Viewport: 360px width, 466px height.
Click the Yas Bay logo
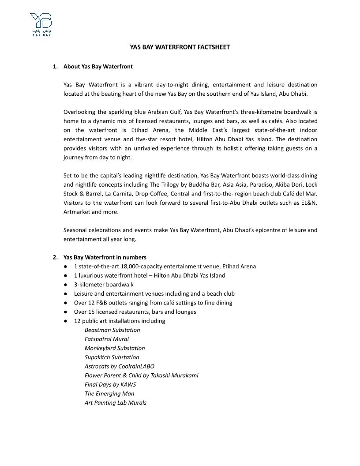point(41,24)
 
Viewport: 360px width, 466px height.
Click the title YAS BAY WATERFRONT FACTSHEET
point(180,47)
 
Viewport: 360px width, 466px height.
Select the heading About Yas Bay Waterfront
point(98,67)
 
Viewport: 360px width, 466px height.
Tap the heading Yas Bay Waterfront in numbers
point(105,257)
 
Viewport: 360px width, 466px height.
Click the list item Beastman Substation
point(112,330)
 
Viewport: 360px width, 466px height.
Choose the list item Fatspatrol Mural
point(107,339)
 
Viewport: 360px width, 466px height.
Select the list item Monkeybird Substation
point(115,348)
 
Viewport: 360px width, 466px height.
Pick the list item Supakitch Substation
point(112,357)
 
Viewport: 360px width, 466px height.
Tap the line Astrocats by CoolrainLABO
point(120,366)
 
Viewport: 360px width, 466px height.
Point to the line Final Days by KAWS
point(110,384)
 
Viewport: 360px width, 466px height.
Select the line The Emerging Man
point(109,394)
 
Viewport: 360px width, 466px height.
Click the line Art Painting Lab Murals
point(116,402)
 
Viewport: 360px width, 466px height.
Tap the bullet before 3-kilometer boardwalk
point(65,285)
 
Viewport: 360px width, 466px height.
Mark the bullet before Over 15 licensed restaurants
point(65,312)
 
